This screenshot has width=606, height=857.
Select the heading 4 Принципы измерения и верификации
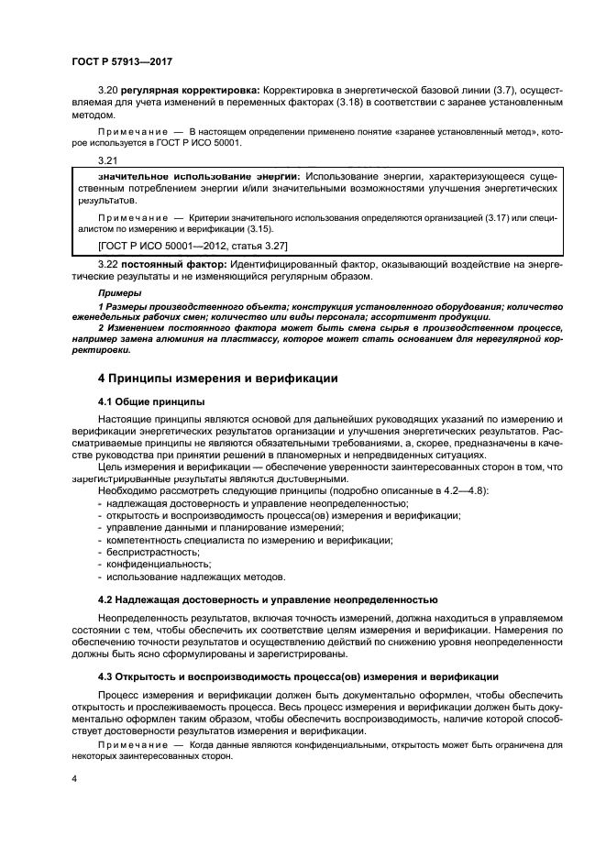218,378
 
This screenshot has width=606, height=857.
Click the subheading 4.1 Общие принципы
150,402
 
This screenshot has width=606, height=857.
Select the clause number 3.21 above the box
108,160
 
